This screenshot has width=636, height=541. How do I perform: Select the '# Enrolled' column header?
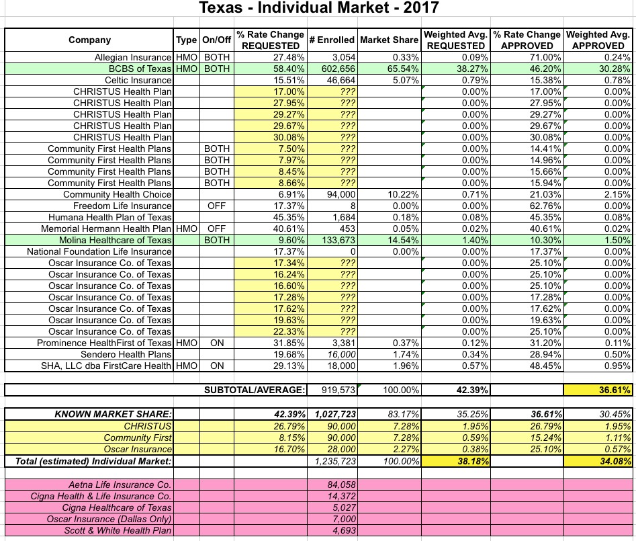pos(332,40)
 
